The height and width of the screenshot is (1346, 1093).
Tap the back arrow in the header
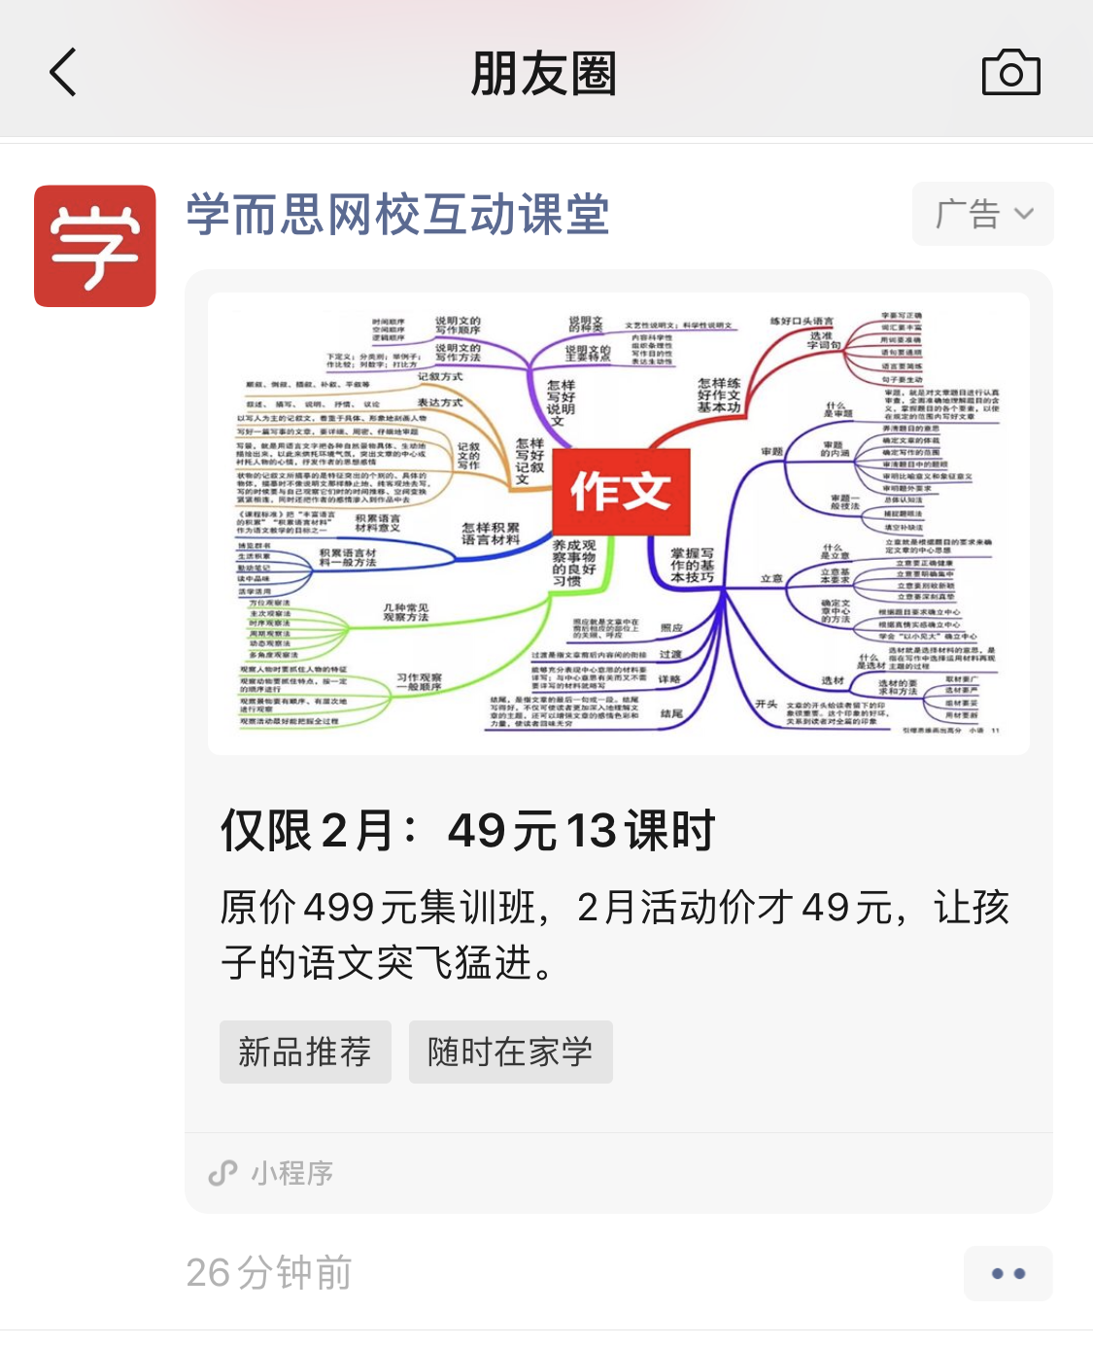click(63, 73)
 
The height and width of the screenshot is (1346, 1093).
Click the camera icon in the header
click(1010, 73)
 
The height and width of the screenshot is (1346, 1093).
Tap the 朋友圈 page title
click(544, 74)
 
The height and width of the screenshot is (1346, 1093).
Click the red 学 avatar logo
click(95, 246)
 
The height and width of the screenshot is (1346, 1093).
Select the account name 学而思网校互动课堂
click(397, 215)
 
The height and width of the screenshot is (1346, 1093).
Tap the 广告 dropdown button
click(982, 214)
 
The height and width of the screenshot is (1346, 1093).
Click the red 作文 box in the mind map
click(621, 491)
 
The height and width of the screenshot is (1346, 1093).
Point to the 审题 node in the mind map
click(771, 452)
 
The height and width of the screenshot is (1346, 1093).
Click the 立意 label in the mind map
click(771, 578)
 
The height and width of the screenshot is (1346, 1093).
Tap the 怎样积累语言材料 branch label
click(490, 534)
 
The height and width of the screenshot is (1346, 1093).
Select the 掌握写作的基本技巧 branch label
click(692, 565)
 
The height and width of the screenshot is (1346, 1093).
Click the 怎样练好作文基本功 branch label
click(719, 396)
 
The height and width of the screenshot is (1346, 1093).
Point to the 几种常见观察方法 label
click(405, 612)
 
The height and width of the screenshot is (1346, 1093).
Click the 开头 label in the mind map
click(767, 705)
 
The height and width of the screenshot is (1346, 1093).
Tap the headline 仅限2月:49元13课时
click(467, 831)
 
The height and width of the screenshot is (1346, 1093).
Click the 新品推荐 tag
click(305, 1052)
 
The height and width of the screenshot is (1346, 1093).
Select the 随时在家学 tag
click(510, 1052)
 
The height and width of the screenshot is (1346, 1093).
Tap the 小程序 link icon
click(223, 1173)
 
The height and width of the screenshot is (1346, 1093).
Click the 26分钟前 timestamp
click(269, 1273)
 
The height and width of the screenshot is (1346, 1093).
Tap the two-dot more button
click(1008, 1273)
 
